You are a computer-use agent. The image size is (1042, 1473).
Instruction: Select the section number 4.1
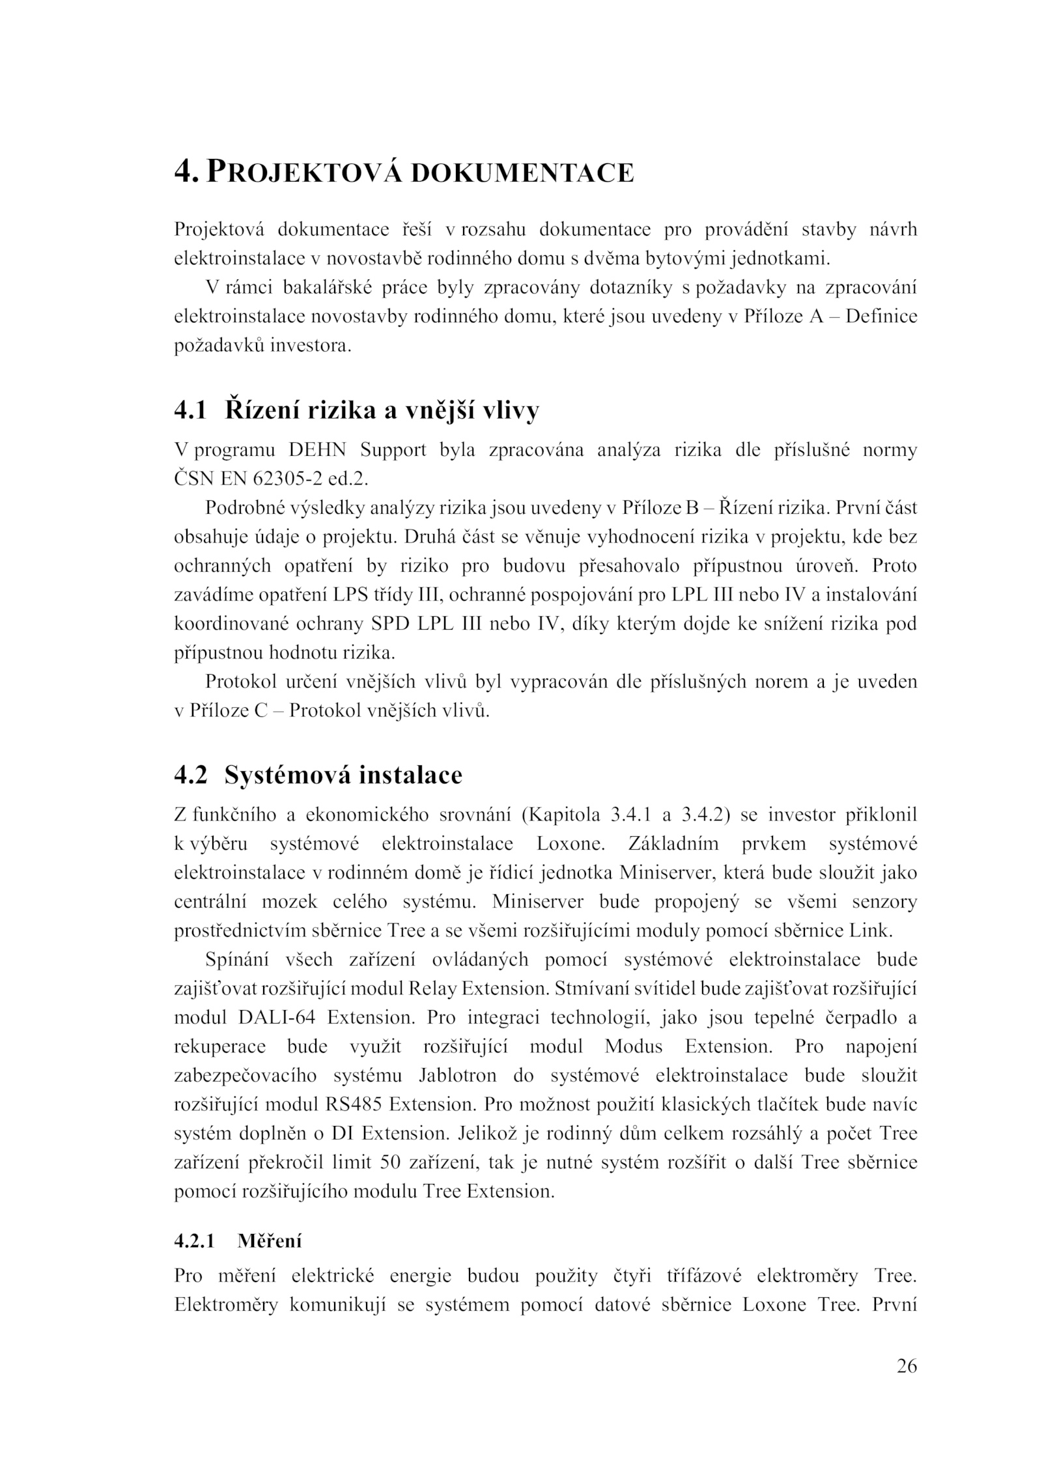190,411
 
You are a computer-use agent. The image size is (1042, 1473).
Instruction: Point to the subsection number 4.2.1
194,1240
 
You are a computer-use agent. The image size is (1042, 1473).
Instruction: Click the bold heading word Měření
270,1240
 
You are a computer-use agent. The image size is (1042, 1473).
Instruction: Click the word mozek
289,902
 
